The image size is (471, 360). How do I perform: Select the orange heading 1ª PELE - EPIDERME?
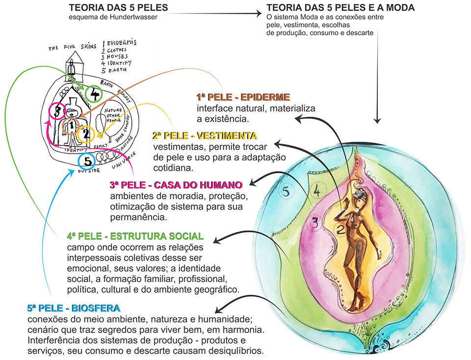point(244,97)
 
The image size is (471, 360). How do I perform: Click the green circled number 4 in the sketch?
point(94,93)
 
